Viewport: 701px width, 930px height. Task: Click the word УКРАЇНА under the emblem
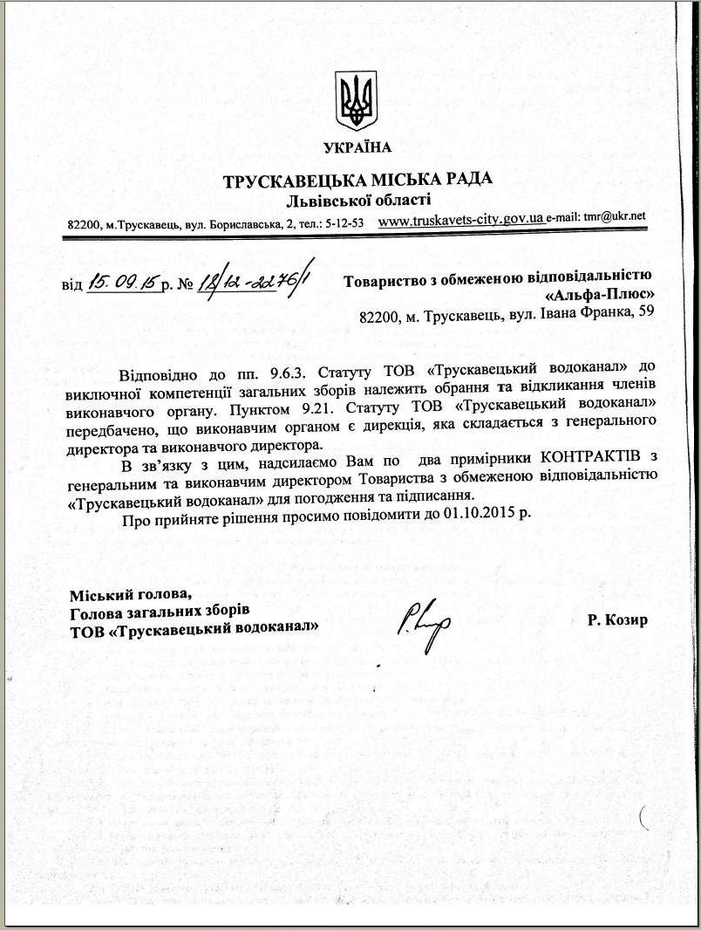tap(357, 147)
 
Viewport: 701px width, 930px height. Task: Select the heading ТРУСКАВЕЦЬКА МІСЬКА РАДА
tap(357, 180)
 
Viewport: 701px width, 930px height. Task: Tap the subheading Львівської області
tap(358, 200)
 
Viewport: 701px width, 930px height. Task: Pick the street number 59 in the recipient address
tap(644, 313)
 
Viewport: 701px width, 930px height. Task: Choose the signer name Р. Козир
tap(618, 620)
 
